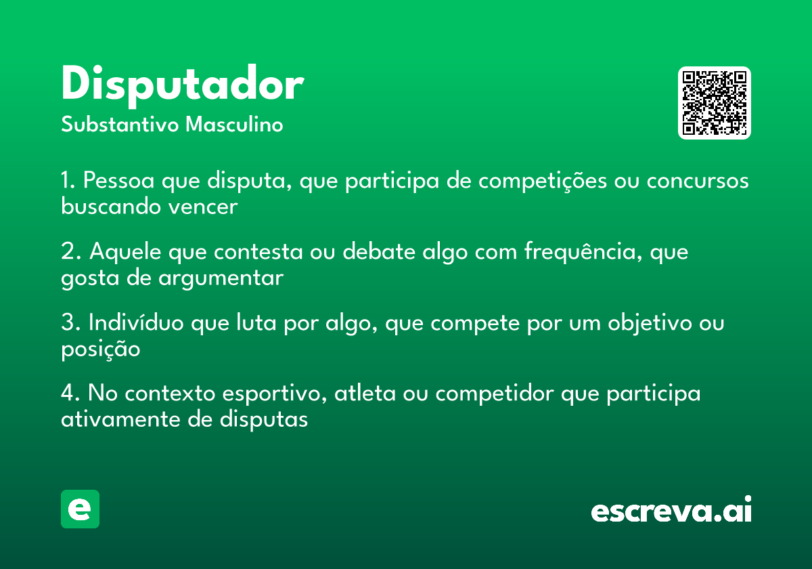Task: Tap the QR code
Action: click(x=714, y=103)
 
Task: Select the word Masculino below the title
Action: click(x=234, y=125)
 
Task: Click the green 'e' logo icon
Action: click(x=80, y=509)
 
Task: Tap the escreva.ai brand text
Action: click(x=671, y=511)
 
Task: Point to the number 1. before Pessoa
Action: click(x=68, y=182)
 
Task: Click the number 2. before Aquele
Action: click(x=70, y=252)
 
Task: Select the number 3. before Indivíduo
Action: click(x=70, y=323)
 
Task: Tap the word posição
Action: click(x=100, y=349)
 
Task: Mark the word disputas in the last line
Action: click(x=264, y=419)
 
